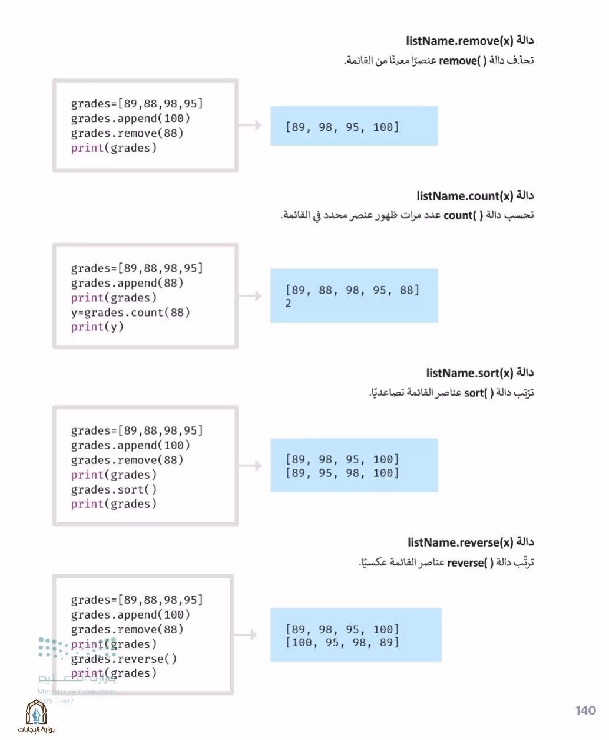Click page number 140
(x=585, y=711)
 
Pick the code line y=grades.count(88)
(x=130, y=313)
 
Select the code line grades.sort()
(x=114, y=489)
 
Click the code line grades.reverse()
(x=124, y=659)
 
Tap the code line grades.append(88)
(x=127, y=283)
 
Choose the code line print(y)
(x=97, y=327)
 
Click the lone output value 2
(x=288, y=303)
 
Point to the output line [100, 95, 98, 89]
(x=342, y=642)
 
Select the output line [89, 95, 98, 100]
(x=342, y=473)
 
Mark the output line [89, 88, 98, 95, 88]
(x=352, y=290)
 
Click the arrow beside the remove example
(x=250, y=125)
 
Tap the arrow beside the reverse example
(x=245, y=634)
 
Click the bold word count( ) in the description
(x=463, y=215)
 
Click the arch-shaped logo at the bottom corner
(x=36, y=712)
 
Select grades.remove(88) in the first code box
(x=127, y=133)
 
